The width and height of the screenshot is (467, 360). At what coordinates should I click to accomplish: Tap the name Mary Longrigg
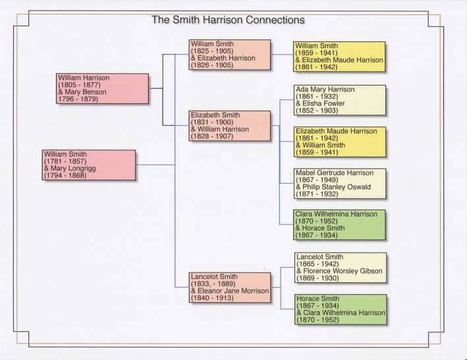click(x=71, y=168)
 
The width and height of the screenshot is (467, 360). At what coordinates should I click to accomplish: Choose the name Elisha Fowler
click(x=321, y=103)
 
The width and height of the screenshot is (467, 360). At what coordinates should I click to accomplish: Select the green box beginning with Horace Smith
click(x=340, y=309)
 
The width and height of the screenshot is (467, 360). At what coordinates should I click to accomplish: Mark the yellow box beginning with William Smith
click(x=340, y=57)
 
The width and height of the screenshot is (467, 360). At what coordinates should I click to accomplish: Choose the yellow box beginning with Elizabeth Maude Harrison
click(x=340, y=141)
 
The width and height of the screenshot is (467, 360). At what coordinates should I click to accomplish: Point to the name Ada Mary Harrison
click(x=325, y=90)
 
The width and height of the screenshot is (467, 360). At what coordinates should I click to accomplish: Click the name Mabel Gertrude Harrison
click(x=334, y=173)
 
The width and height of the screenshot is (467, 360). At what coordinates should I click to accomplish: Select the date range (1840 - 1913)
click(x=211, y=298)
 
